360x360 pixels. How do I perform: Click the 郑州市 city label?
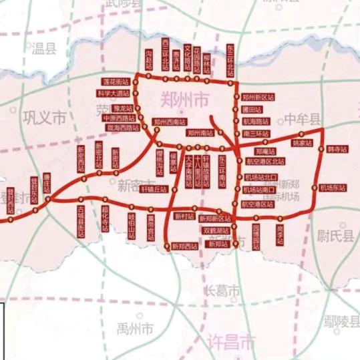tap(184, 100)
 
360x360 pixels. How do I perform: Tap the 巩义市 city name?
tap(45, 119)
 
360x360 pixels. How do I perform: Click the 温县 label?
tap(41, 47)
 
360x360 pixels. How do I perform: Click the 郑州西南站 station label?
tap(168, 122)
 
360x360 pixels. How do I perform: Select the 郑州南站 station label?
tap(201, 134)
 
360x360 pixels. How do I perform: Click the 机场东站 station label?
tap(335, 188)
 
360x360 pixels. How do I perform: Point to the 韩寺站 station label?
tap(337, 150)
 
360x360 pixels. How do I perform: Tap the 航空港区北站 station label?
tap(266, 162)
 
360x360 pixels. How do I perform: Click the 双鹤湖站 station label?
tap(215, 230)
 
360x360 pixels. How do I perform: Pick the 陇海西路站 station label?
tap(120, 127)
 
